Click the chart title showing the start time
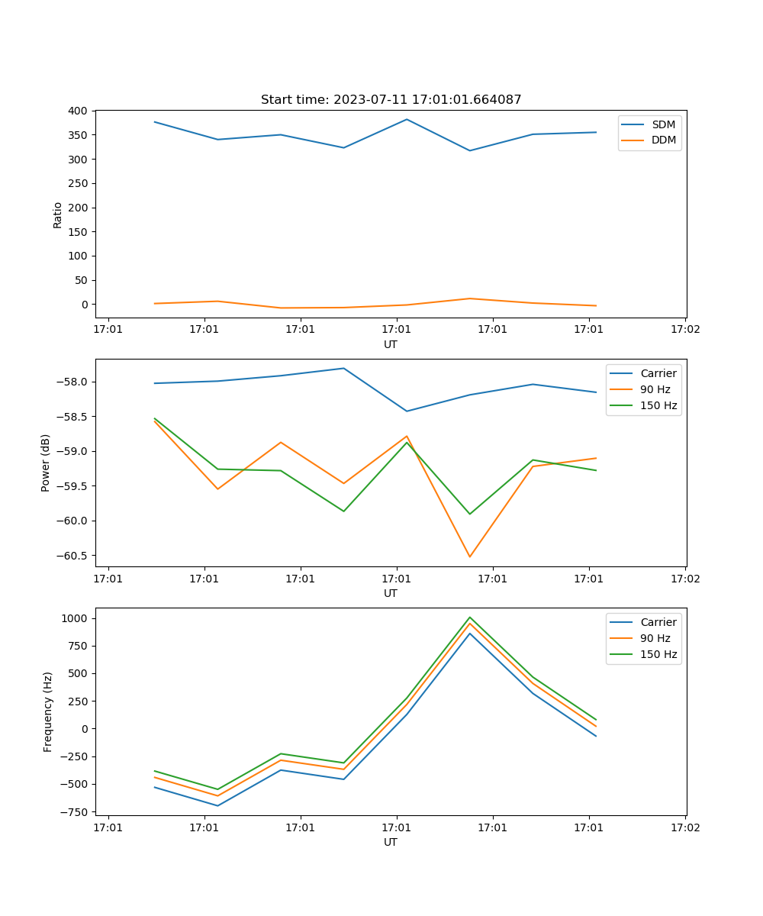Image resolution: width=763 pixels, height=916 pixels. click(x=391, y=100)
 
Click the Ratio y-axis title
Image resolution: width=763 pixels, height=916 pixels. click(x=57, y=214)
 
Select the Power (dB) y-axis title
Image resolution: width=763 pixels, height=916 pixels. click(x=46, y=463)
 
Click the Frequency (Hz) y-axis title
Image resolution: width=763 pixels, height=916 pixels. click(x=47, y=711)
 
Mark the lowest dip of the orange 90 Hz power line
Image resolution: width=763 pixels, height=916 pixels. click(x=469, y=556)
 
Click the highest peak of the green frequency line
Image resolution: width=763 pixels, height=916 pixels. click(x=469, y=617)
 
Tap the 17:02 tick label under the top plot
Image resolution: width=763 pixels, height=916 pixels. click(x=684, y=330)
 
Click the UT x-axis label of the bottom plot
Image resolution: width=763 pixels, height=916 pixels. click(x=391, y=842)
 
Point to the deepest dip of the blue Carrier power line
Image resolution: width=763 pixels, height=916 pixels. click(x=407, y=411)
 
